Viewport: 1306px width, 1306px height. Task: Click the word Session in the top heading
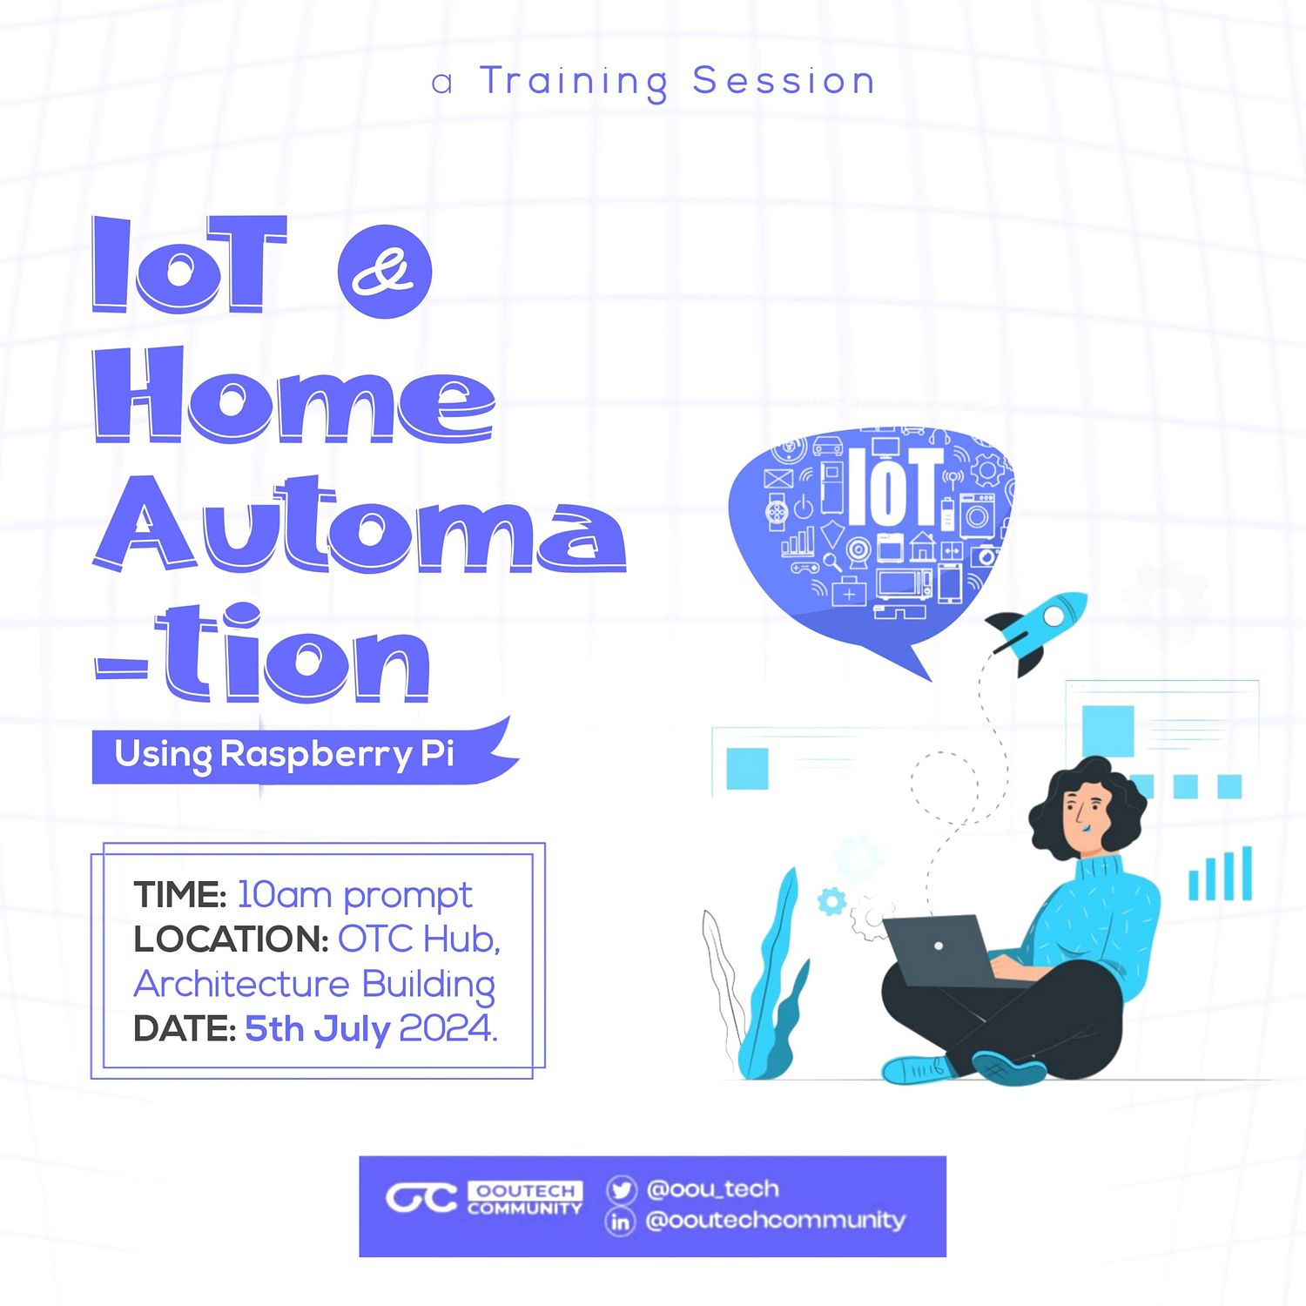click(784, 81)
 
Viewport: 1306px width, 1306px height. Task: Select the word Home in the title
click(293, 396)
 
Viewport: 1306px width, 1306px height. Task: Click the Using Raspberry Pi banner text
click(284, 754)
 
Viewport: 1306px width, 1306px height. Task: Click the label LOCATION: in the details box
click(231, 939)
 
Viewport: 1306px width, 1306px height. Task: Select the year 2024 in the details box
click(445, 1029)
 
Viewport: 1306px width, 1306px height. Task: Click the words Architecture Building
click(314, 985)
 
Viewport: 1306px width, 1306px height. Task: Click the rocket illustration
click(1040, 629)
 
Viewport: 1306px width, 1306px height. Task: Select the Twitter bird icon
click(621, 1189)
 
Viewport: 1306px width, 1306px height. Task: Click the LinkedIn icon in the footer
click(620, 1222)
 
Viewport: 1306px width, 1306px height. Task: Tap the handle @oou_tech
click(712, 1189)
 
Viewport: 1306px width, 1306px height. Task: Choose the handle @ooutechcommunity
click(775, 1221)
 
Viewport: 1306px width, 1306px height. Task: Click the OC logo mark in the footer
click(421, 1198)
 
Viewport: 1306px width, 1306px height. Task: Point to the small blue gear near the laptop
click(831, 901)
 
